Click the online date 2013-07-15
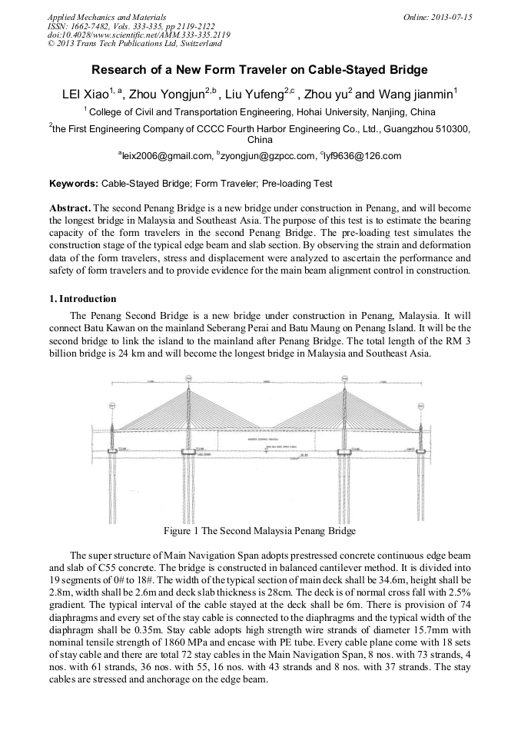(443, 16)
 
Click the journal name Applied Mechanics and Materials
(107, 16)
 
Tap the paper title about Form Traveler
(260, 70)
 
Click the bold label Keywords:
(74, 184)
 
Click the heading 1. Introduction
(83, 299)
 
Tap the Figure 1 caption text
(260, 531)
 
